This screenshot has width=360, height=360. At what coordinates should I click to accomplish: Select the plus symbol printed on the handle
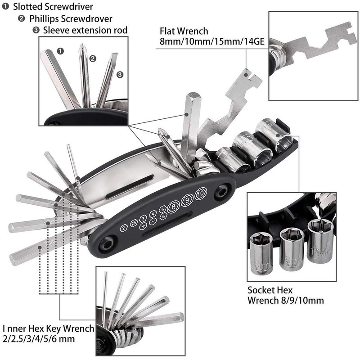pos(143,226)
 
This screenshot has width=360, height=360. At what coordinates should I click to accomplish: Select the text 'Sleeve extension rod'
pos(85,30)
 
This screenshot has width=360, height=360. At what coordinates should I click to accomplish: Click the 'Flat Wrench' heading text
pos(184,31)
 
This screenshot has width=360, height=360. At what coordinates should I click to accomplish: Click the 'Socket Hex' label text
pos(270,290)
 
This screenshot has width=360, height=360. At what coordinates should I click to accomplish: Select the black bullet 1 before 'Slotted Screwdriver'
pos(6,7)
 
